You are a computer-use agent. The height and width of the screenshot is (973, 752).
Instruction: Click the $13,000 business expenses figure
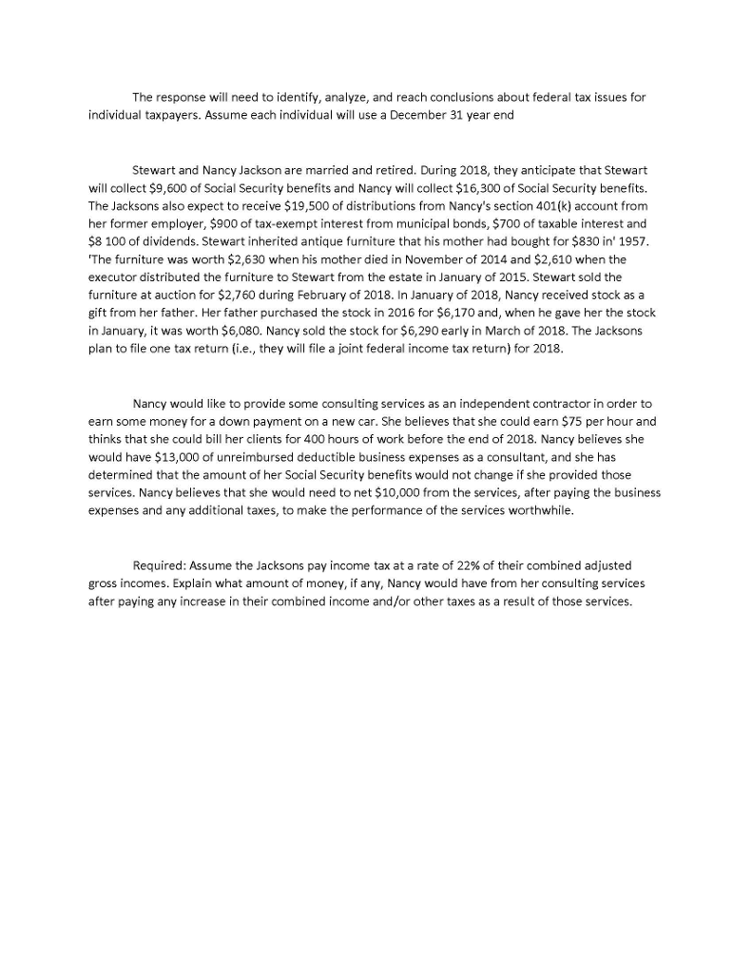(x=161, y=453)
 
